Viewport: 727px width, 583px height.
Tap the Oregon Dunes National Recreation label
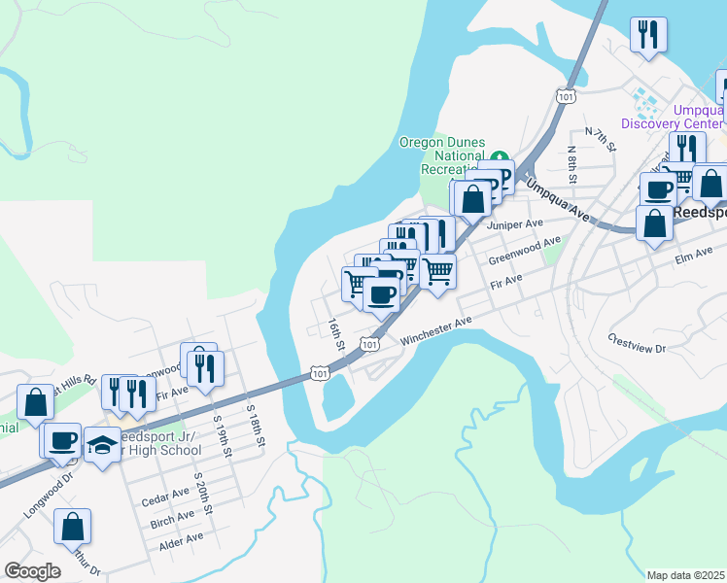tap(442, 155)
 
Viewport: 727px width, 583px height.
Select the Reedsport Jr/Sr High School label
tap(156, 443)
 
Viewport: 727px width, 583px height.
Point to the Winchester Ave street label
tap(435, 332)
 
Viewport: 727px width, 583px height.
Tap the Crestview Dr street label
tap(636, 342)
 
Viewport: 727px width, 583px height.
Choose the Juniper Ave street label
tap(514, 224)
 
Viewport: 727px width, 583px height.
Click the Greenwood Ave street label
tap(525, 251)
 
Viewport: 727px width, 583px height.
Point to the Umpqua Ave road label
tap(558, 198)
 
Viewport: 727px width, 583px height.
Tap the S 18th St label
tap(255, 424)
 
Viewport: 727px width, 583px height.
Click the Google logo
tap(33, 571)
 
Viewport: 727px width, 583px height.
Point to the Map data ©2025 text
tap(686, 575)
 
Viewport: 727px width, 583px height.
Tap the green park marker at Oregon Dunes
tap(500, 156)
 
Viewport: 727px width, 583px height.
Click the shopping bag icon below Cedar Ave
tap(73, 528)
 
